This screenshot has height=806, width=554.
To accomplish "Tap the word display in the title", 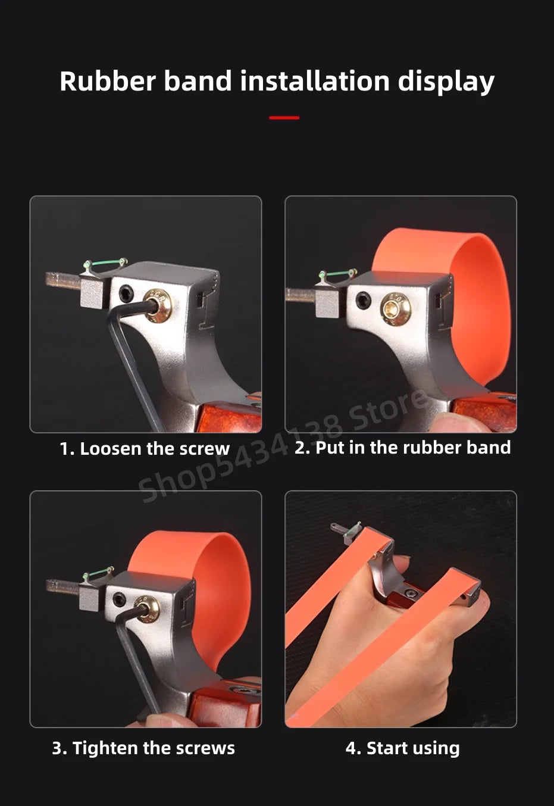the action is [x=446, y=83].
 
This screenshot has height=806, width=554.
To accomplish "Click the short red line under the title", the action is [x=284, y=118].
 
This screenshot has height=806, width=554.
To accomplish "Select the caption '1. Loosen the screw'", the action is [x=145, y=449].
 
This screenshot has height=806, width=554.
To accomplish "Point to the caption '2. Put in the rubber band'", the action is [x=402, y=448].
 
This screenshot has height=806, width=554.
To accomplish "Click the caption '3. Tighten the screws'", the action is [x=143, y=748].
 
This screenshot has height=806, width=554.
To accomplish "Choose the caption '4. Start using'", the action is [x=402, y=748].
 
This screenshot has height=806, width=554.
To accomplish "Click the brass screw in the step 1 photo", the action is [x=158, y=305].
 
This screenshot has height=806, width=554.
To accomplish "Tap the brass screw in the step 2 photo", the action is [x=395, y=308].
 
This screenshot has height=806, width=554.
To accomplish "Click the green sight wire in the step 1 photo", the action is [x=105, y=263].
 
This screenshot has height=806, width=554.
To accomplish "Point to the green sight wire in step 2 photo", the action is [x=337, y=273].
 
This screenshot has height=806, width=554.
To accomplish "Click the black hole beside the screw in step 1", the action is [x=126, y=293].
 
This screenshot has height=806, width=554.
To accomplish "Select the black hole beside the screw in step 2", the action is [x=363, y=300].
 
